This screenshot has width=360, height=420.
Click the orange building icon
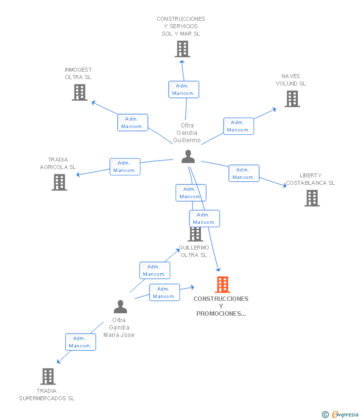[223, 285]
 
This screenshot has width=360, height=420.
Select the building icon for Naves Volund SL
[292, 99]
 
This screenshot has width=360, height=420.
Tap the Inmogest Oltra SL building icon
[80, 92]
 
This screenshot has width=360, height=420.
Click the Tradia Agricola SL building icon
[59, 182]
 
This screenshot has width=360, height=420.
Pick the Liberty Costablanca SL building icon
[312, 198]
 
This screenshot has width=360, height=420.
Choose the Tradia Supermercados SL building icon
[48, 377]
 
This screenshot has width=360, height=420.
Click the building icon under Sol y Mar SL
[182, 49]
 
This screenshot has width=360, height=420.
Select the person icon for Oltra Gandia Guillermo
[188, 157]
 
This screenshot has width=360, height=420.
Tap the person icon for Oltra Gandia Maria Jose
[120, 307]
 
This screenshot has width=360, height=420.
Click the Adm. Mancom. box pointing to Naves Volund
[238, 126]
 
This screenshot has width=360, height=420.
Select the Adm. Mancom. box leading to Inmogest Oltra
[133, 123]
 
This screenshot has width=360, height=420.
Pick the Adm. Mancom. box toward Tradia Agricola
[125, 167]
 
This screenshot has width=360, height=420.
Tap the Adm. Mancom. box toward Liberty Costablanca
[244, 173]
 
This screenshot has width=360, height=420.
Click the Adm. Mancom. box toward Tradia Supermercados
[81, 342]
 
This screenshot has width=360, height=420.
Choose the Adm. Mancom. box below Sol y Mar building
[183, 89]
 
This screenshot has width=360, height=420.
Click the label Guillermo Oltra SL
[194, 251]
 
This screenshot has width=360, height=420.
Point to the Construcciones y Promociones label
[221, 306]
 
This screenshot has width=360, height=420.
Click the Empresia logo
[340, 414]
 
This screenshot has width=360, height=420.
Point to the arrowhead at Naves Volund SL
[274, 110]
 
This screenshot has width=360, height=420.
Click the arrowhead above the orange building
[218, 269]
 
